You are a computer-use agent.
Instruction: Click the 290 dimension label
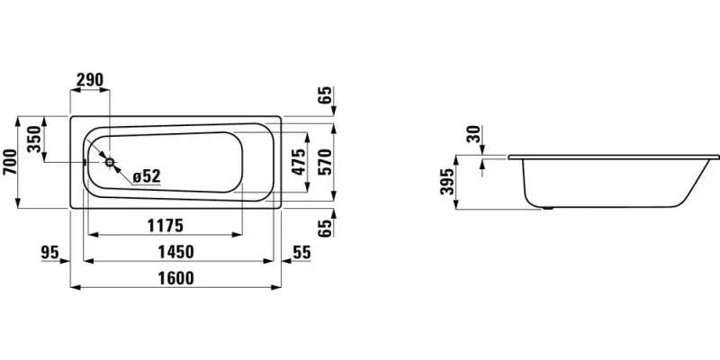point(89,80)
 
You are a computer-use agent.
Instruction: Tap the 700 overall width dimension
point(10,162)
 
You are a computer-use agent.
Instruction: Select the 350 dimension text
point(35,139)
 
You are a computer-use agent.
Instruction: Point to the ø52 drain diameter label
point(147,175)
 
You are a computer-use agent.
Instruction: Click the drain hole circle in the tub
point(110,162)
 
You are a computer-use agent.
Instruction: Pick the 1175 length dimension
point(166,226)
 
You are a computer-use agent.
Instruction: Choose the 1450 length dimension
point(175,252)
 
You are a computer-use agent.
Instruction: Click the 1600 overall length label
point(175,278)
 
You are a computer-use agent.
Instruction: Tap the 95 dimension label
point(50,252)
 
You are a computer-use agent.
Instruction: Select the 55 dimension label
point(301,252)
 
